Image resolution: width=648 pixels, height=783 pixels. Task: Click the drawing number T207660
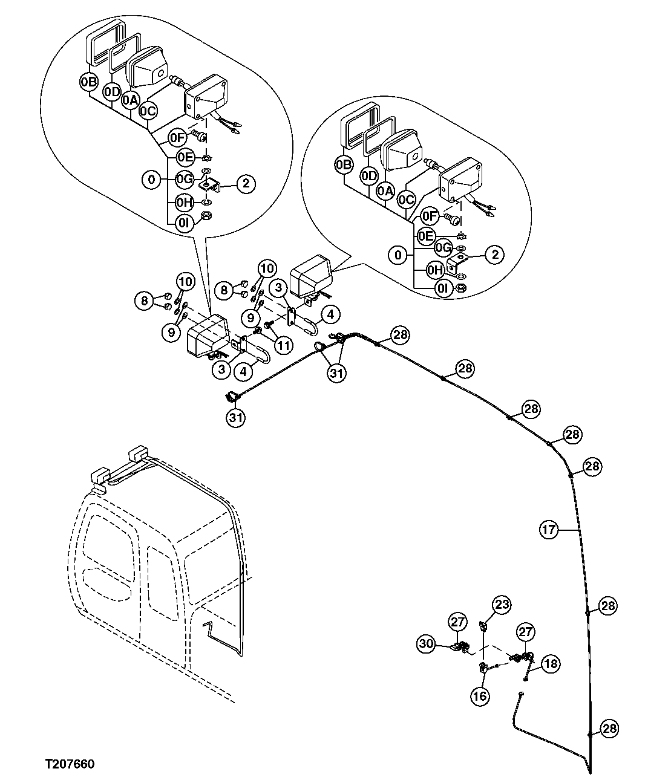(69, 764)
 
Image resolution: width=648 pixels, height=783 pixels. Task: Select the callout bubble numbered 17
(548, 530)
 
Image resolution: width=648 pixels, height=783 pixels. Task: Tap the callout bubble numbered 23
(502, 604)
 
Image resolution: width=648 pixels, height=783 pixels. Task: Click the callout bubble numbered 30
(427, 644)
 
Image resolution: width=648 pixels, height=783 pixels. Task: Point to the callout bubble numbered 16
(480, 696)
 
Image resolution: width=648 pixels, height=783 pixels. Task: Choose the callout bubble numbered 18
(551, 663)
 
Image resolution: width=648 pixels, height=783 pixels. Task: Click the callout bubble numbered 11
(284, 345)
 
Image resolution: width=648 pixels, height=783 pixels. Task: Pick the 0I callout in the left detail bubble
(185, 222)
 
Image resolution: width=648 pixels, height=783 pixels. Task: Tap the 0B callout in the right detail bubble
(344, 164)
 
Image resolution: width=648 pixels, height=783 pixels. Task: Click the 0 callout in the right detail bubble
(398, 255)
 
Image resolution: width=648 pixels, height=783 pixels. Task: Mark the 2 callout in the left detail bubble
(246, 184)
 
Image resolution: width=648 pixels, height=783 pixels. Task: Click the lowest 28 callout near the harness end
(609, 729)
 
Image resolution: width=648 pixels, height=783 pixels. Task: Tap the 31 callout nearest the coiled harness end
(237, 417)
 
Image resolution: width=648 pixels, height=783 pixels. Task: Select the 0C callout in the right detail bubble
(407, 199)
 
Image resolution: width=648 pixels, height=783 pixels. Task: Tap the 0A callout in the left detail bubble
(129, 100)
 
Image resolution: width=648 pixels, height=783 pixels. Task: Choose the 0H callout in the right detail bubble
(435, 270)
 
